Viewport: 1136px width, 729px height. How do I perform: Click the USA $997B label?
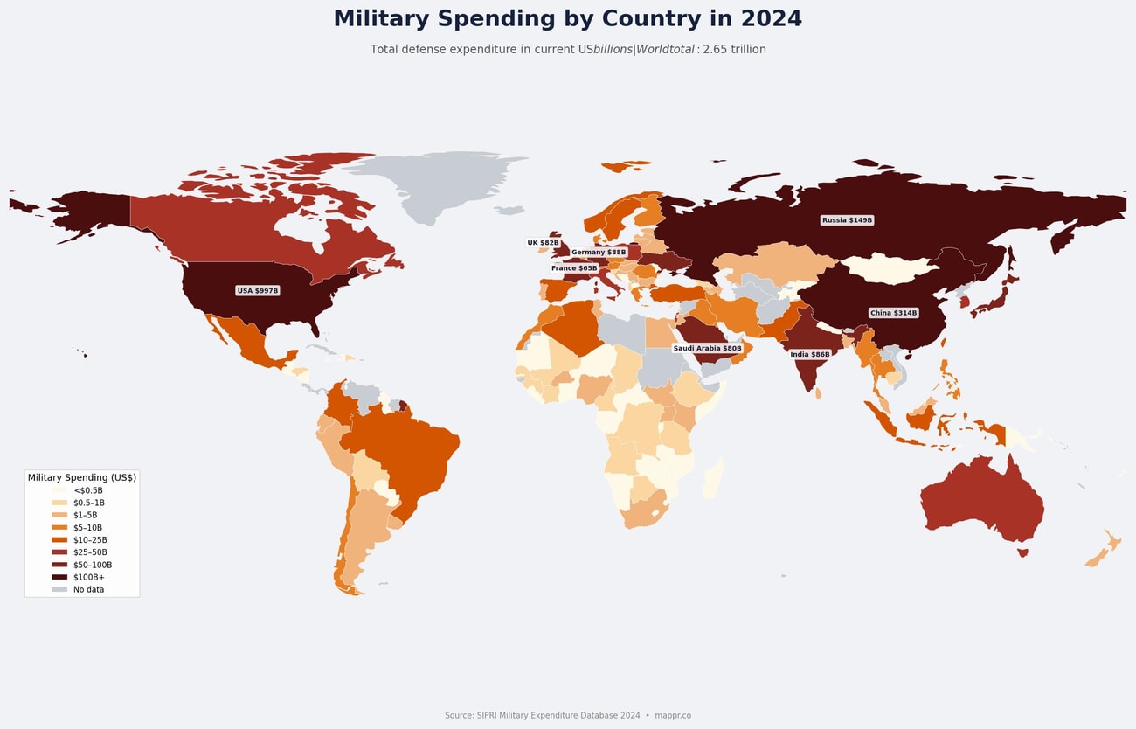point(257,290)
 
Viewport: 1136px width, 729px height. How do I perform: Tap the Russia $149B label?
point(847,220)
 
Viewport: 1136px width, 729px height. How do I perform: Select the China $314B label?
point(893,313)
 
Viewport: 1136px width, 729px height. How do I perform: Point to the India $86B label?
point(809,355)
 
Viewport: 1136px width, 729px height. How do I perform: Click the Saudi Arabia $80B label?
point(707,348)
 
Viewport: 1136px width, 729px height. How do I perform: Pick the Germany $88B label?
point(599,252)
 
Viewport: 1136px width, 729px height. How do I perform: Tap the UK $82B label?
point(543,243)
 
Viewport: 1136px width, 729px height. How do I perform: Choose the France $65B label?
point(574,268)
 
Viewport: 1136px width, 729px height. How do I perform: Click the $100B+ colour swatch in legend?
point(59,577)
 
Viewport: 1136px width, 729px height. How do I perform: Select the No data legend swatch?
point(59,589)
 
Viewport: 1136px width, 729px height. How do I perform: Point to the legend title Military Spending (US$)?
point(81,477)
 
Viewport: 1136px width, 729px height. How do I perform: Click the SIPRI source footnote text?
point(542,715)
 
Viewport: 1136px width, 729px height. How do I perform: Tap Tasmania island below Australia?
point(1022,552)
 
